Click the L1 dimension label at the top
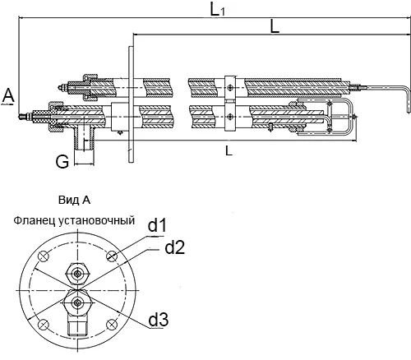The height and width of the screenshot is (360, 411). click(x=218, y=10)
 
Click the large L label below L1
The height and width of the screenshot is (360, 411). click(x=275, y=27)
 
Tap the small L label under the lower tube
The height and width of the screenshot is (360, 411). click(x=229, y=150)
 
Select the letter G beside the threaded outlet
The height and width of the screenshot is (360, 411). click(x=62, y=161)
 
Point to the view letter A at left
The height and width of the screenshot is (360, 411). click(x=8, y=96)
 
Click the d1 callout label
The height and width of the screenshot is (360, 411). click(x=157, y=226)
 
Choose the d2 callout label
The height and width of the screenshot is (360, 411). click(x=174, y=247)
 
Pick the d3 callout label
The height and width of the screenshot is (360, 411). click(x=159, y=319)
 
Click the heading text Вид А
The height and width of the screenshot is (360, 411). click(x=74, y=201)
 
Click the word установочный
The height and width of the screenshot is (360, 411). click(x=96, y=221)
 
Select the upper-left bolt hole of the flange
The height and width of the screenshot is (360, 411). click(x=44, y=256)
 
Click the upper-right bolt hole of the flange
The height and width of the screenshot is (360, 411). click(x=112, y=256)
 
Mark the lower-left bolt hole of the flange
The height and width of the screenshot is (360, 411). click(x=44, y=325)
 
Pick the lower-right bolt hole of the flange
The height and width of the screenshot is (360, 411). click(x=112, y=325)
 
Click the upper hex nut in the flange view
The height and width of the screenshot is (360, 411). click(x=78, y=274)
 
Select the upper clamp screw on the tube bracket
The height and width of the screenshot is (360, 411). click(x=230, y=87)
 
